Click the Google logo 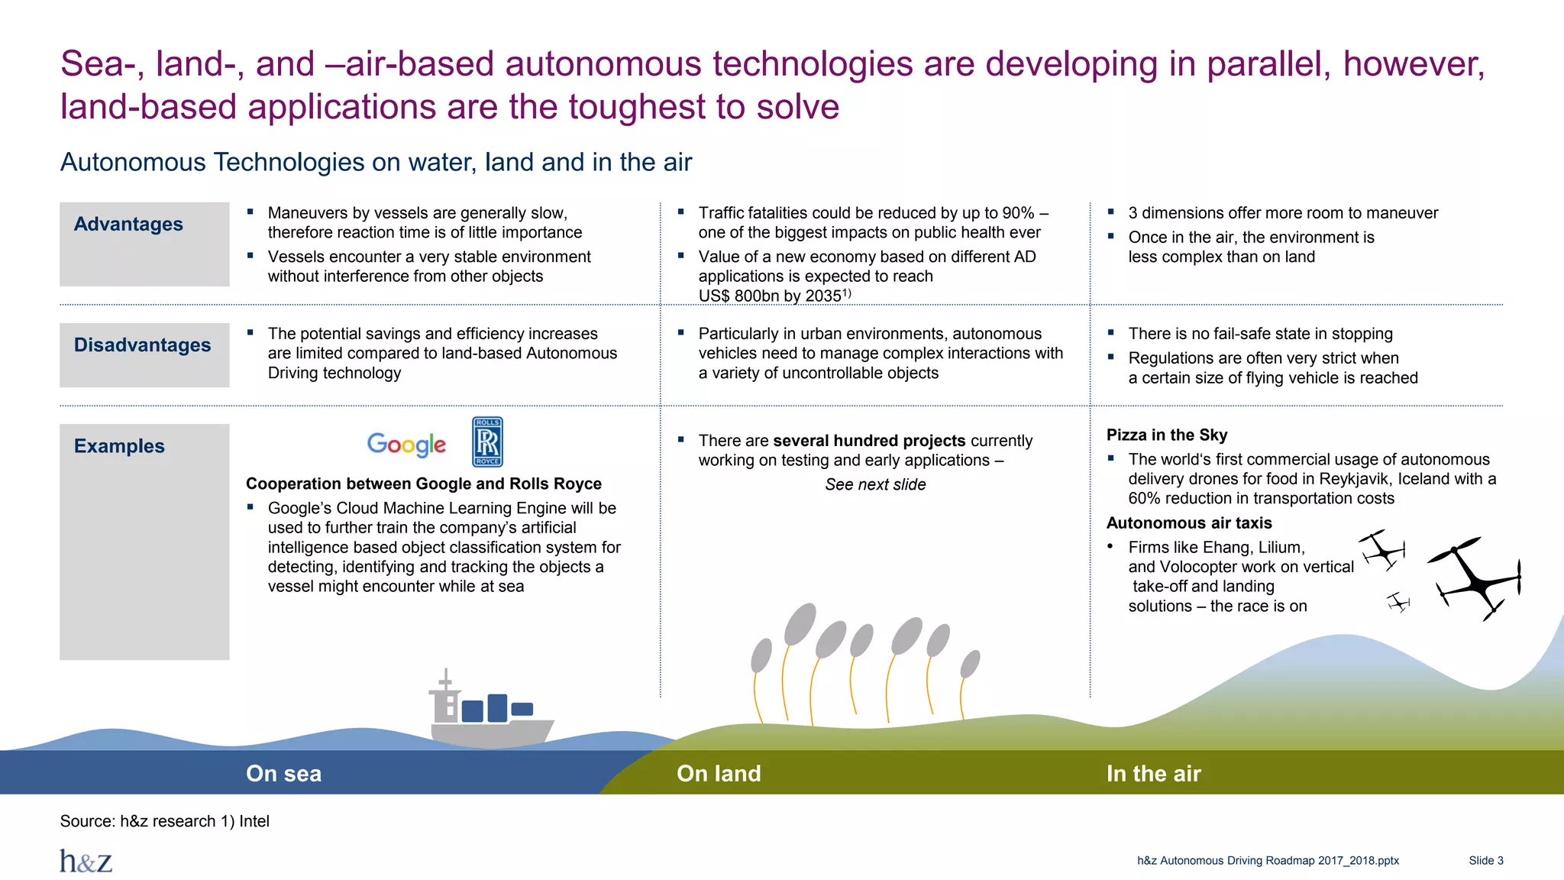click(406, 444)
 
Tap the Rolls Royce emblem click(487, 442)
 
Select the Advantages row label click(128, 225)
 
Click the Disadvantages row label click(142, 345)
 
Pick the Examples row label click(119, 446)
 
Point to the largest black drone click(1474, 578)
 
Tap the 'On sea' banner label click(283, 774)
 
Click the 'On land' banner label click(718, 774)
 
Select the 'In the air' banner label click(1153, 774)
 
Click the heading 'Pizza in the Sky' click(1166, 435)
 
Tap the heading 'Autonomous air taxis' click(1188, 523)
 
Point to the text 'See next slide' click(875, 485)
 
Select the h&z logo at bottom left click(86, 861)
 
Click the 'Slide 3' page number click(1485, 861)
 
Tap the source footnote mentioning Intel click(164, 822)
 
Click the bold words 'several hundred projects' click(869, 441)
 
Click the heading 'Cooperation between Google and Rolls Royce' click(423, 484)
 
